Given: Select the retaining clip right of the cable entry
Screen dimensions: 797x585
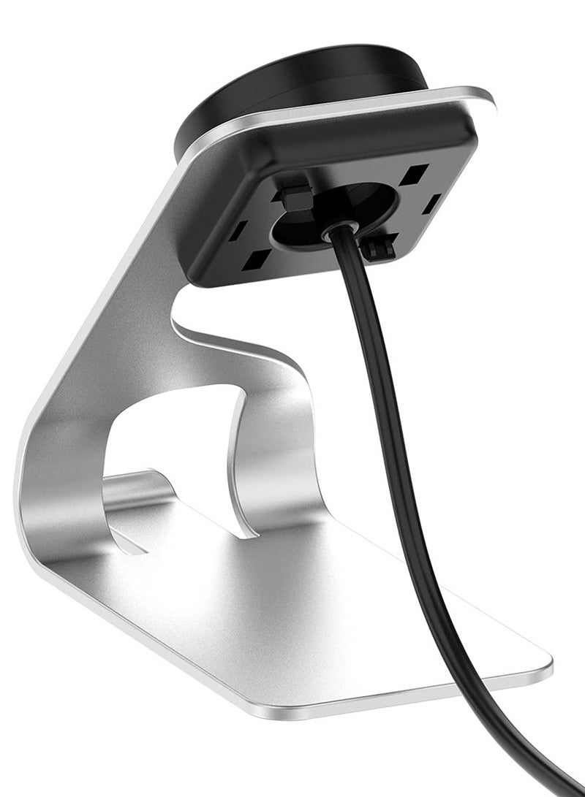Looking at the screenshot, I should (382, 249).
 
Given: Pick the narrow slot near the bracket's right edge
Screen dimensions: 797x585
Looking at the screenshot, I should (432, 202).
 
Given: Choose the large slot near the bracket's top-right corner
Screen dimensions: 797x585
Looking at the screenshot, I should (415, 175).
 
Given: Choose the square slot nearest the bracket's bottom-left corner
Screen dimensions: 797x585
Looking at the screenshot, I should (256, 258).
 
